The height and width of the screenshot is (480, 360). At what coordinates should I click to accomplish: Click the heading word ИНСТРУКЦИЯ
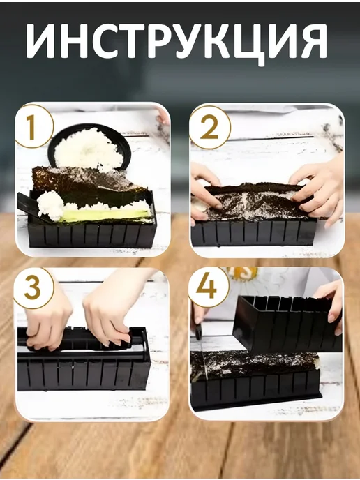[177, 43]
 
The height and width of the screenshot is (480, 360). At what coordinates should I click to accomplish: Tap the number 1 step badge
[33, 126]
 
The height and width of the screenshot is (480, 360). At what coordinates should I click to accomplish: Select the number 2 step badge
[209, 127]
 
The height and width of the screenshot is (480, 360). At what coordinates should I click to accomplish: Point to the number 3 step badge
[33, 287]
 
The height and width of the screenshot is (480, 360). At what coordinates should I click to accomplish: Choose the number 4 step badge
[208, 287]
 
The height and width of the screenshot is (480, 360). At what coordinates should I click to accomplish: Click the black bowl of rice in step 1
[89, 148]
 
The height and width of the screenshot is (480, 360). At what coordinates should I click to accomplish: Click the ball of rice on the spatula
[50, 205]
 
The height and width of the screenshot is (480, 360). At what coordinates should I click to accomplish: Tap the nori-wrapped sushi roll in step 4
[255, 365]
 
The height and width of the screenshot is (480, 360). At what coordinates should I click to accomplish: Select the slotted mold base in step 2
[253, 233]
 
